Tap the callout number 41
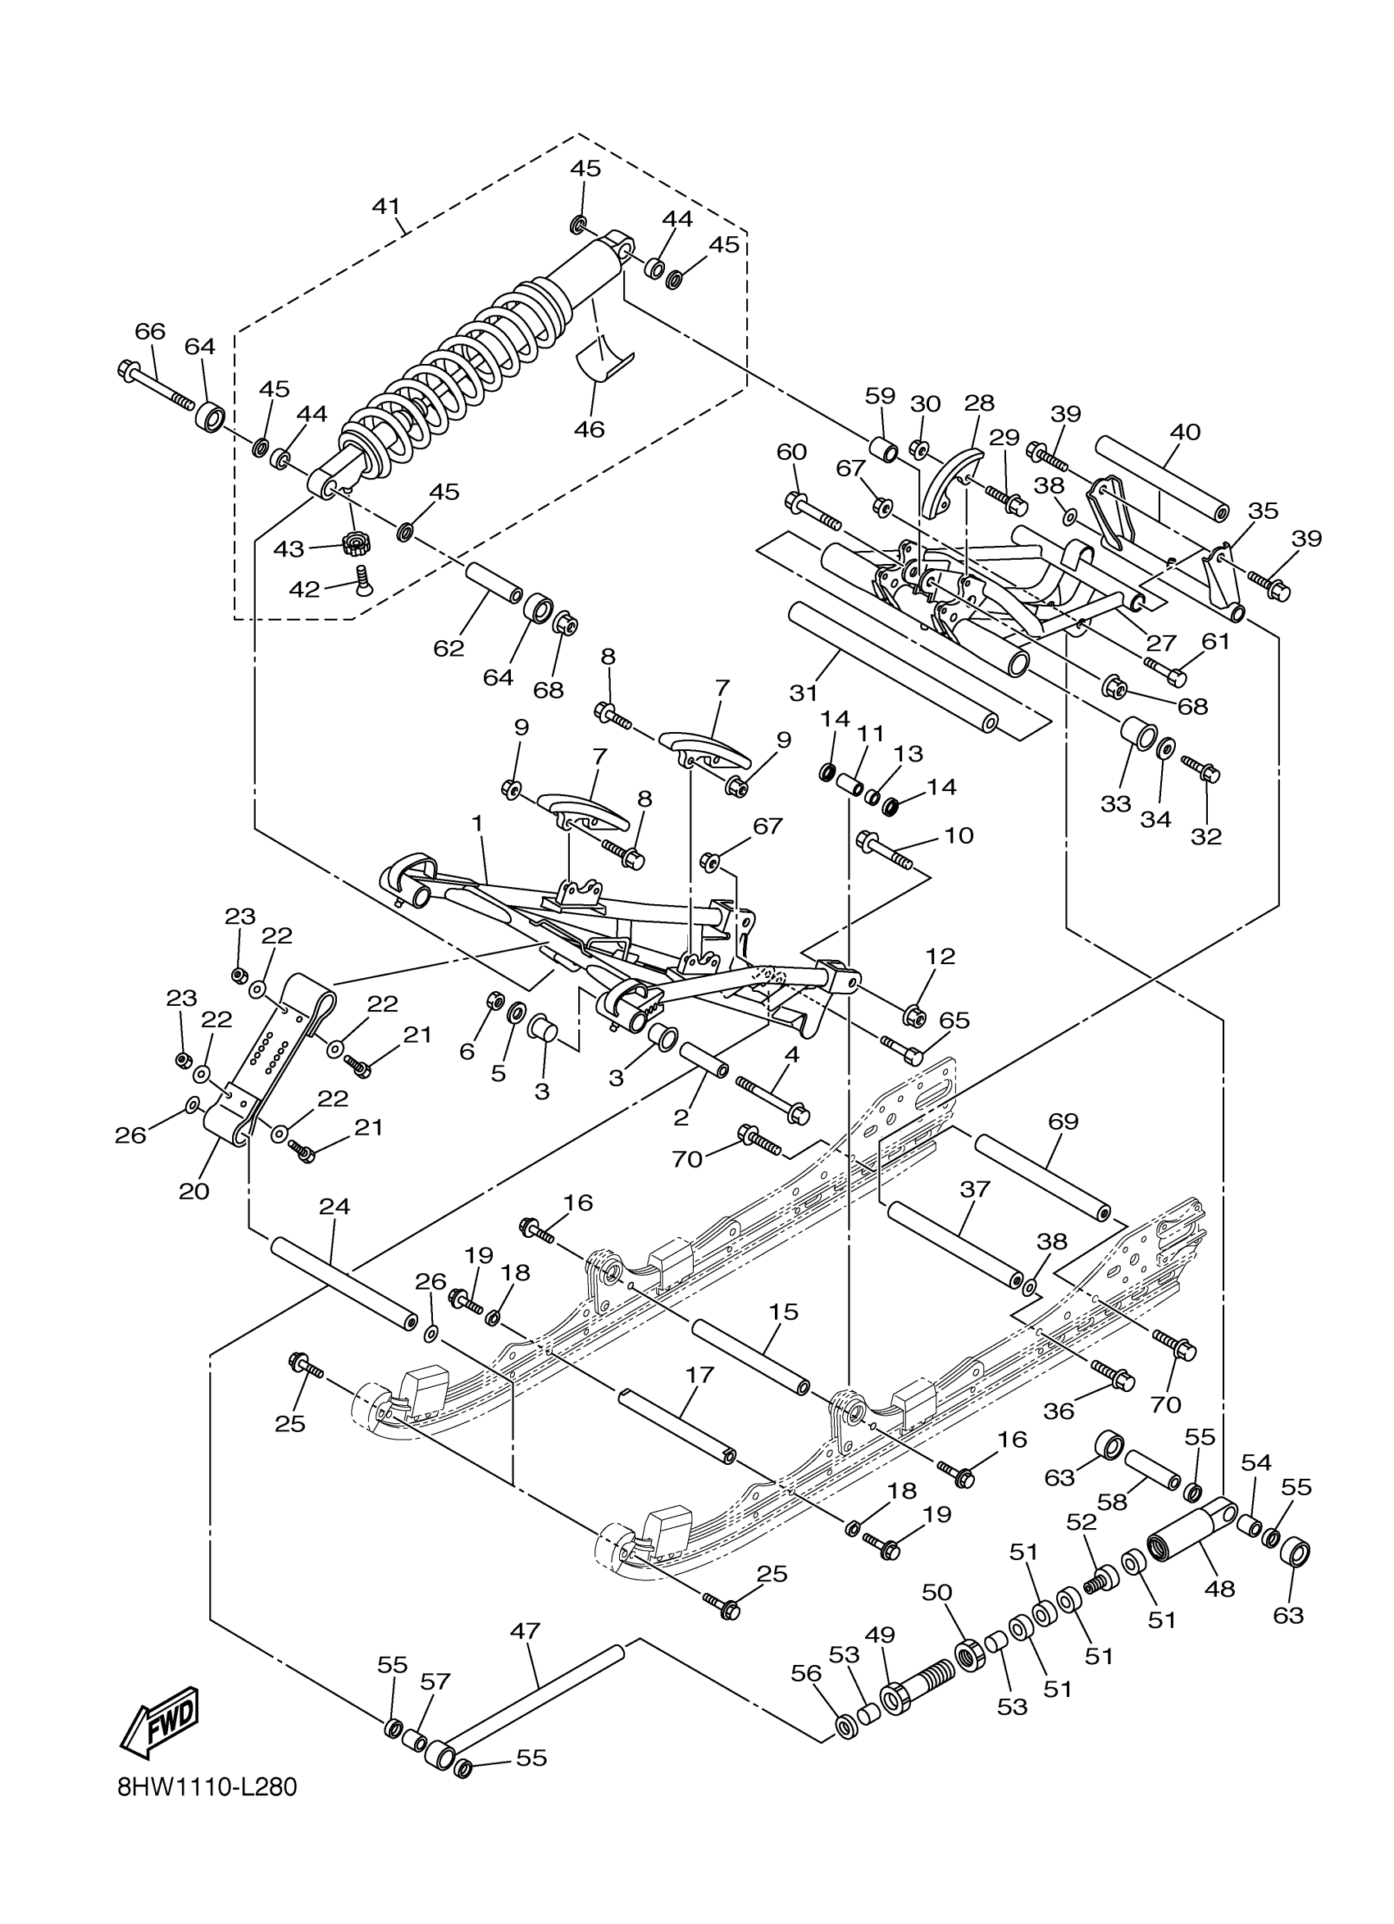(386, 206)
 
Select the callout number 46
(589, 430)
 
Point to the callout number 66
(150, 331)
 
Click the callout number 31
(803, 693)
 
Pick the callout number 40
(1184, 432)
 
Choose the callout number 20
(194, 1191)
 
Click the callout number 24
(335, 1205)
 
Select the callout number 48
(1219, 1588)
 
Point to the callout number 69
(1062, 1121)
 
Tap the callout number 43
(289, 549)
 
